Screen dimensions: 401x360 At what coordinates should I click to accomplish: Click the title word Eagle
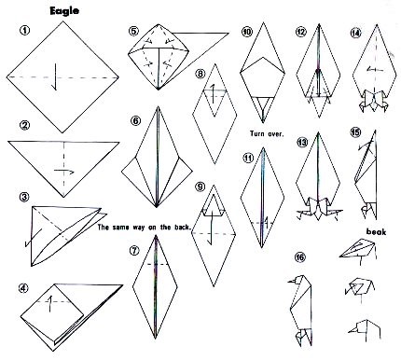point(64,11)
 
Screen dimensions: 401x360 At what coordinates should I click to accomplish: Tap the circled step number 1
point(24,30)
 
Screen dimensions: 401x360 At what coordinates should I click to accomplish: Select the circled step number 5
point(133,31)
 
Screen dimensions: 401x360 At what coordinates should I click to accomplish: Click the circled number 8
point(200,74)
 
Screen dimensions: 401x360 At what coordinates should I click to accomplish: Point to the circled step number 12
point(301,32)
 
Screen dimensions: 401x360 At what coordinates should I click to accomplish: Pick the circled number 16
point(300,256)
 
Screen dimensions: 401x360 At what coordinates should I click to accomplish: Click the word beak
point(376,231)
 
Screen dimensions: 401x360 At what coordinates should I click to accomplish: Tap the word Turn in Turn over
point(257,133)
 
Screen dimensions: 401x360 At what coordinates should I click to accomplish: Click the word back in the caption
point(182,228)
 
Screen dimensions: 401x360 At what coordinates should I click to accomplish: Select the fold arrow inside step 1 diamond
point(55,77)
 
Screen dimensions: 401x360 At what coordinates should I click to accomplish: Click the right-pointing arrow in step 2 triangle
point(64,172)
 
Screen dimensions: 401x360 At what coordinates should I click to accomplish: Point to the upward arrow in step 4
point(49,304)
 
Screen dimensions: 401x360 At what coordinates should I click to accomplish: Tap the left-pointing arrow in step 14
point(374,70)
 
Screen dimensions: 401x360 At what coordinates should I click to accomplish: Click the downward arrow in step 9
point(211,228)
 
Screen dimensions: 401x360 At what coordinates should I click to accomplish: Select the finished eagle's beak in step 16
point(292,282)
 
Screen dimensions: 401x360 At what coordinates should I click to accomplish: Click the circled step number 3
point(24,197)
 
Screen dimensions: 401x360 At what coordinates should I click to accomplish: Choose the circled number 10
point(247,32)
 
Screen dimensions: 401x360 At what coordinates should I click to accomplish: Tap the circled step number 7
point(134,251)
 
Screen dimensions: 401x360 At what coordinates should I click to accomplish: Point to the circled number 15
point(355,132)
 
